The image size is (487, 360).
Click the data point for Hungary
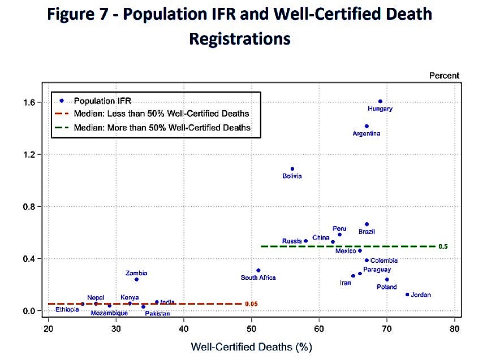(380, 101)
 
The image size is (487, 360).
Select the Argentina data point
(367, 126)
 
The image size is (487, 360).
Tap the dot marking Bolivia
(292, 169)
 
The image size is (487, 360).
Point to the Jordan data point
(407, 294)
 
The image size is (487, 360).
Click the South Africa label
(258, 277)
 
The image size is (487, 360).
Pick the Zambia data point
(136, 279)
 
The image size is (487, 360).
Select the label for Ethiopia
(67, 310)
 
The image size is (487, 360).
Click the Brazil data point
(367, 224)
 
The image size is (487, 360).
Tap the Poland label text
(387, 287)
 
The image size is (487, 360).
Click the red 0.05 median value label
(251, 304)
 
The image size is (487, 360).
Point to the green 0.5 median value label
(443, 246)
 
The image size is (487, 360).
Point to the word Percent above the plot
(443, 76)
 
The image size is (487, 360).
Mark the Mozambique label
(109, 313)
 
